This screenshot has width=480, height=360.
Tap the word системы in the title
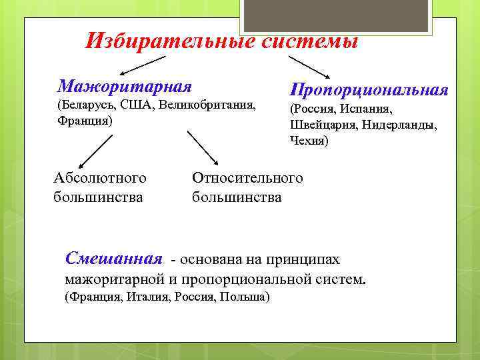[309, 41]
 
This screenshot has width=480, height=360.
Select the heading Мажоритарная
[125, 86]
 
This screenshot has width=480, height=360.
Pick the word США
[137, 106]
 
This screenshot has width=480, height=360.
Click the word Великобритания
[207, 106]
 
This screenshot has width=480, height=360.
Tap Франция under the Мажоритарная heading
[83, 121]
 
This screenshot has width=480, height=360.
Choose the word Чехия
[309, 141]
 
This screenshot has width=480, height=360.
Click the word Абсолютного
[100, 178]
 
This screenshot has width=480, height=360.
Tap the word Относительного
[247, 178]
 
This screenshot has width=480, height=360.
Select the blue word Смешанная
[114, 258]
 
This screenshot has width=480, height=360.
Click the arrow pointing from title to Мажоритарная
[143, 65]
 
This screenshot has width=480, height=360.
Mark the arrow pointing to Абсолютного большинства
[93, 150]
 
